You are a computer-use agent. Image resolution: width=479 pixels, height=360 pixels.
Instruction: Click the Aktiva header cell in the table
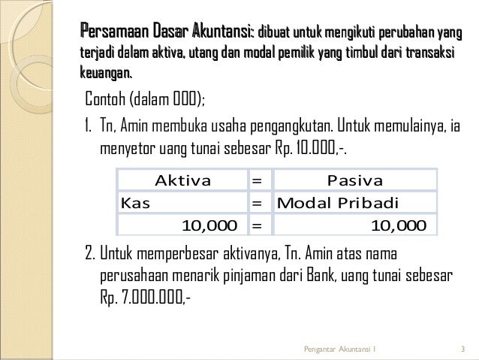(x=182, y=181)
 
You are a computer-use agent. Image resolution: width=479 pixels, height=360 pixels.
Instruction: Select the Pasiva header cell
(x=356, y=181)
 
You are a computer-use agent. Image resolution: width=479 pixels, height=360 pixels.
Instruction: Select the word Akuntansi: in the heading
(x=223, y=33)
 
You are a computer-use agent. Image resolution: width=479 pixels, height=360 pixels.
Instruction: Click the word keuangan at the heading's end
(x=106, y=73)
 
